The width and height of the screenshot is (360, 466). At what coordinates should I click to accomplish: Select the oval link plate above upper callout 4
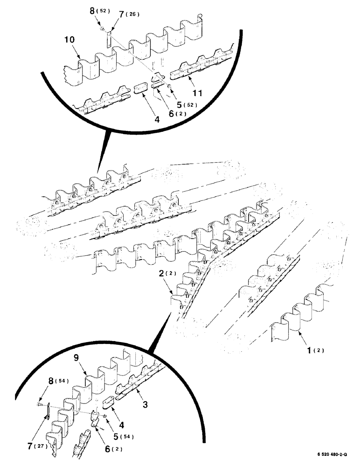140,89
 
